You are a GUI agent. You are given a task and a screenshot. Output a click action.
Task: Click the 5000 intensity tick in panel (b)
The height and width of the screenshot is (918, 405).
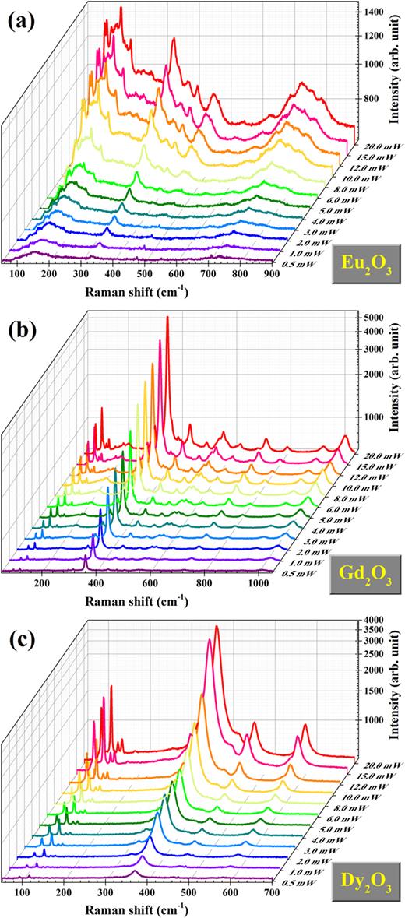[x=372, y=316]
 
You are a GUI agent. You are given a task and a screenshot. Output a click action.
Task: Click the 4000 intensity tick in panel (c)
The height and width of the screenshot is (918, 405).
[x=372, y=619]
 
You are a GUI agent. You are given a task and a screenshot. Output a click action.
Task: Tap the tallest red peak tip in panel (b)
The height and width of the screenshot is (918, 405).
[x=167, y=318]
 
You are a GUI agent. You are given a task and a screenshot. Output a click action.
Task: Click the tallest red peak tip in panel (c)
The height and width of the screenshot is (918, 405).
[x=217, y=626]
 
